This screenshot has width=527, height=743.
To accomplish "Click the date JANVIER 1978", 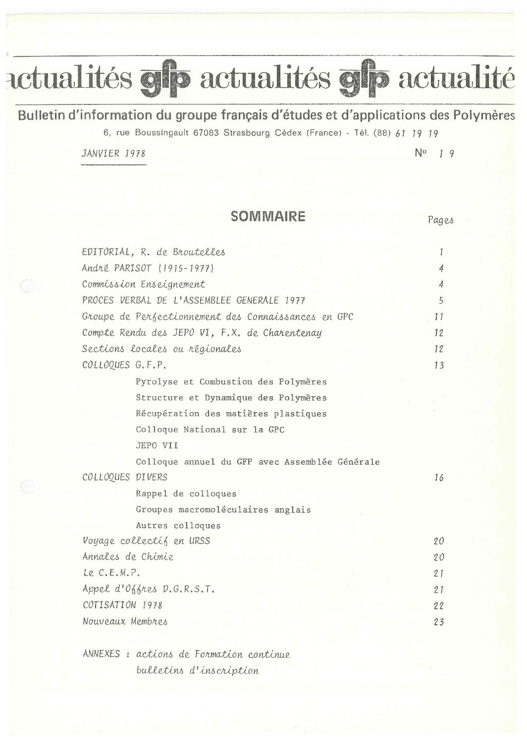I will click(113, 153).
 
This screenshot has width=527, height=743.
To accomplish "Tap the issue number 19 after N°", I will click(445, 153).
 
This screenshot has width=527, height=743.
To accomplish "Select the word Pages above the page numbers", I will click(440, 220).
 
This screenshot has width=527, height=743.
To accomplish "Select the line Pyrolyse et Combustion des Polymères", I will click(231, 381).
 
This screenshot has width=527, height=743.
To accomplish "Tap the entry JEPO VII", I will click(157, 445).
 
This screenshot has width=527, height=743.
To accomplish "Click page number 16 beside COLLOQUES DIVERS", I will click(438, 478).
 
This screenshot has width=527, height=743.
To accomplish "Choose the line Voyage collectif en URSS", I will click(146, 540).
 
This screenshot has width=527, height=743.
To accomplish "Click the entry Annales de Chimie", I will click(128, 556).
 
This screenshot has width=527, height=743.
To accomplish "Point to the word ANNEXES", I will click(101, 654).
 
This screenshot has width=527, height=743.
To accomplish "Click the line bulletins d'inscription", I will click(197, 671).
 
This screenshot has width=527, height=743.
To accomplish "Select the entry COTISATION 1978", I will click(122, 605).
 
